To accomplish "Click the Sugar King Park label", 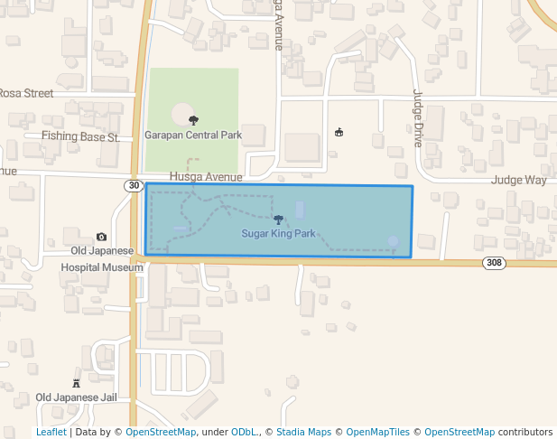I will click(278, 233).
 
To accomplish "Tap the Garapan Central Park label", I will click(193, 135).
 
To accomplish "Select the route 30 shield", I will click(134, 185).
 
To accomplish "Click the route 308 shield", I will click(493, 263).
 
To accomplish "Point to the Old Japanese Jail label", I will click(77, 397).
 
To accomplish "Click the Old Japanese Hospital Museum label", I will click(102, 259).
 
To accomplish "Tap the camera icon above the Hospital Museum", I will click(101, 237).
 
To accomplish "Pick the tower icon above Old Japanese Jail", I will click(76, 383).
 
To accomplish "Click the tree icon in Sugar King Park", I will click(278, 219).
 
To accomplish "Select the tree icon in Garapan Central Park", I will click(193, 120).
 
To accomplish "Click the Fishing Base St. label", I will click(80, 137).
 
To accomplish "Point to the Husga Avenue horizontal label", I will click(206, 177).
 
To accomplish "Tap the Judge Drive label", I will click(417, 118).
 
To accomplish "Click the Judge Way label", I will click(518, 180).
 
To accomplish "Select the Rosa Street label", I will click(26, 93).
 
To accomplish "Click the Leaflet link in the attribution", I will click(51, 432).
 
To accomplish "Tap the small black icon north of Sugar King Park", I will click(339, 133).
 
